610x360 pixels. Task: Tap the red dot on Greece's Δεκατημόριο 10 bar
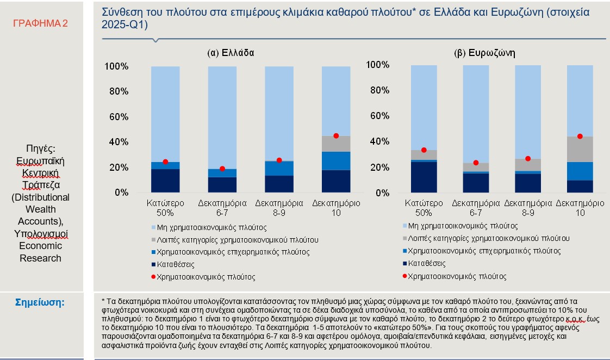pos(336,135)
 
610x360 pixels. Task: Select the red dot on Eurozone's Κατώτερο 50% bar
pos(424,150)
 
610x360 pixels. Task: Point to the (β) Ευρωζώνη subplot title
pos(484,53)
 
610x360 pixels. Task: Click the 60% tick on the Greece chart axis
pos(116,117)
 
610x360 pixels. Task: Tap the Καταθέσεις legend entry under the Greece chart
pos(175,264)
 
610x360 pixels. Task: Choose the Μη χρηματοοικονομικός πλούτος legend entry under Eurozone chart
pos(464,226)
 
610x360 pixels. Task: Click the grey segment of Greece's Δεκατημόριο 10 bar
pos(336,144)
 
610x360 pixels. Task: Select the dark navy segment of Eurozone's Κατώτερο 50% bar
pos(424,177)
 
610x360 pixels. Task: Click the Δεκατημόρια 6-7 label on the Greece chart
pos(222,208)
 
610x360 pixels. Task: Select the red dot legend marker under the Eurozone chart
pos(406,276)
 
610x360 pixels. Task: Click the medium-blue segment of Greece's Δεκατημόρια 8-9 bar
pos(279,169)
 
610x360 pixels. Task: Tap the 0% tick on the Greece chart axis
pos(121,193)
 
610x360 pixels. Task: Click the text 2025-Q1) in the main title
pos(125,25)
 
